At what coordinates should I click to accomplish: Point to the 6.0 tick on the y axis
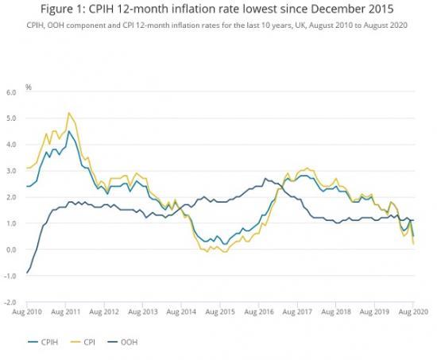[x=10, y=92]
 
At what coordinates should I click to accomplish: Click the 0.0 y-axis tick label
[x=10, y=250]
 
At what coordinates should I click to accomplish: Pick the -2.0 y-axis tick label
[x=10, y=303]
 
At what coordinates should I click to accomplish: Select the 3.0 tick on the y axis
[x=10, y=171]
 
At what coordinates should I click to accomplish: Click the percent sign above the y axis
[x=28, y=85]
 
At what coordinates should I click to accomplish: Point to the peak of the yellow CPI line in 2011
[x=69, y=113]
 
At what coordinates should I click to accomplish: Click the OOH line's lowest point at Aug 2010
[x=28, y=273]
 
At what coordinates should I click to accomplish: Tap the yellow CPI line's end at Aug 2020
[x=414, y=244]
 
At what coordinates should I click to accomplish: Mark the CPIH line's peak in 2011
[x=69, y=131]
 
